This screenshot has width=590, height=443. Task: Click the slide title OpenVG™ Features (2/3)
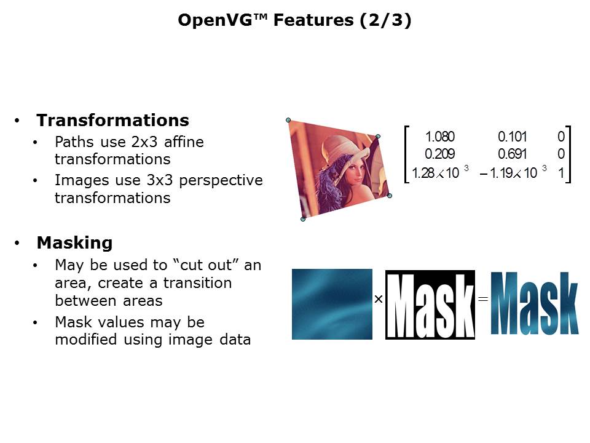tap(294, 20)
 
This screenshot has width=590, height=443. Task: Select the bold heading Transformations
tap(112, 119)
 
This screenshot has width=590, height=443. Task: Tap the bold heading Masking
tap(74, 242)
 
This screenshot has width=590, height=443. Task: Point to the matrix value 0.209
tap(440, 154)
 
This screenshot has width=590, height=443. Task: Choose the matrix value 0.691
tap(512, 154)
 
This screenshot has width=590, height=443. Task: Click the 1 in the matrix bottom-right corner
tap(561, 174)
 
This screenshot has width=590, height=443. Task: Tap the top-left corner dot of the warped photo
tap(288, 120)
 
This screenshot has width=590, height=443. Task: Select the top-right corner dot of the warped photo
tap(378, 137)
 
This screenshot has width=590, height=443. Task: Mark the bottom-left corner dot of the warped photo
tap(302, 218)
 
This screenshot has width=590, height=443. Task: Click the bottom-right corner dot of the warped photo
tap(389, 196)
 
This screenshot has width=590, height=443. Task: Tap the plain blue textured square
tap(332, 304)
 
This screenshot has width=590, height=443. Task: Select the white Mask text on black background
tap(430, 304)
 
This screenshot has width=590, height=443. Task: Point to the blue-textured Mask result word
tap(535, 304)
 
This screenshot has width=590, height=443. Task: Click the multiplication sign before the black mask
tap(379, 299)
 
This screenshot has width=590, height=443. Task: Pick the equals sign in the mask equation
tap(482, 299)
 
